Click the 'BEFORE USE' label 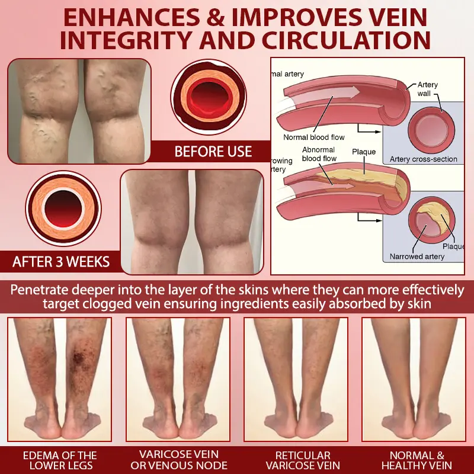point(213,151)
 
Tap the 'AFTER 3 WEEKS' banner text point(61,262)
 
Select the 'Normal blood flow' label point(314,137)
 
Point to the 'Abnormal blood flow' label point(319,154)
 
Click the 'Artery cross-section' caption point(423,159)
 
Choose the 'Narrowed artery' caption point(417,257)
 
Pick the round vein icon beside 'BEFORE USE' point(209,97)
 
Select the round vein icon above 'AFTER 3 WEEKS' point(63,209)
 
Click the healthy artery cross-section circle point(431,130)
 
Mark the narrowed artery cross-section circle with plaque point(432,220)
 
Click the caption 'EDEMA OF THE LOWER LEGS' point(60,460)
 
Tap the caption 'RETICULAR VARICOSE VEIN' point(303,460)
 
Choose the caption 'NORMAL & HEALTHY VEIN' point(417,460)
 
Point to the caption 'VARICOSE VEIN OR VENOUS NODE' point(179,460)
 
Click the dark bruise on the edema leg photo point(79,357)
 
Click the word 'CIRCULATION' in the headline point(347,40)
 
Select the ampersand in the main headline point(215,17)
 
